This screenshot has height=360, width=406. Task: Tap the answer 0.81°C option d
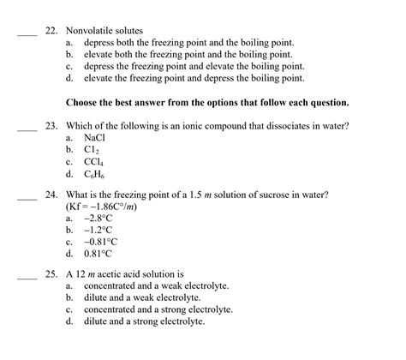click(x=99, y=255)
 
